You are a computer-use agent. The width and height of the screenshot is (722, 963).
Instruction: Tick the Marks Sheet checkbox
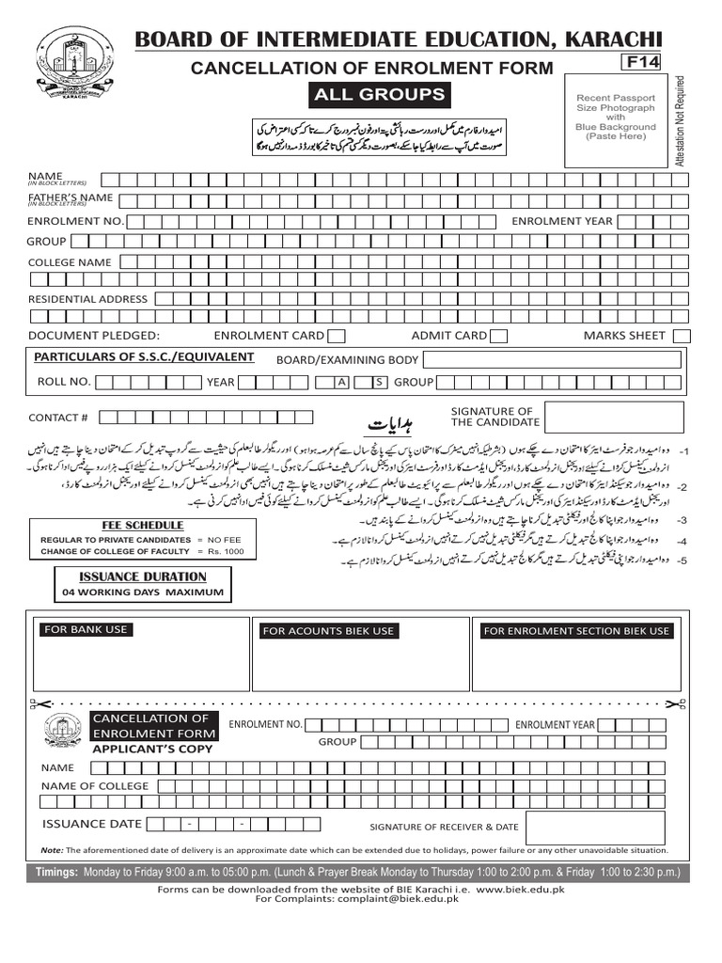pos(683,336)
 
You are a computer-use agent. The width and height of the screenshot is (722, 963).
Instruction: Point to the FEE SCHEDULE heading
pos(143,526)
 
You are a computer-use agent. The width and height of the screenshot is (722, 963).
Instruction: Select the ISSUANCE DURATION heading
pos(142,576)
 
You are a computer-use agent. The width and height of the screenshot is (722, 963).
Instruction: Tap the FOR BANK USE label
pos(86,629)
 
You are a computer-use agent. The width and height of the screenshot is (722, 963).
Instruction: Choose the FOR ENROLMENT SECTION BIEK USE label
pos(576,631)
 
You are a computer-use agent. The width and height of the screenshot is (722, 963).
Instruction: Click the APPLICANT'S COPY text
pos(152,750)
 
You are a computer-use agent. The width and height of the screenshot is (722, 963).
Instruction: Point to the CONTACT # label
pos(58,418)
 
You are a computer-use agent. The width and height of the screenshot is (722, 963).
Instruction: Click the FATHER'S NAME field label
pos(71,197)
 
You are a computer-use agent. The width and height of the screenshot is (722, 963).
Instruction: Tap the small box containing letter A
pos(343,382)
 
